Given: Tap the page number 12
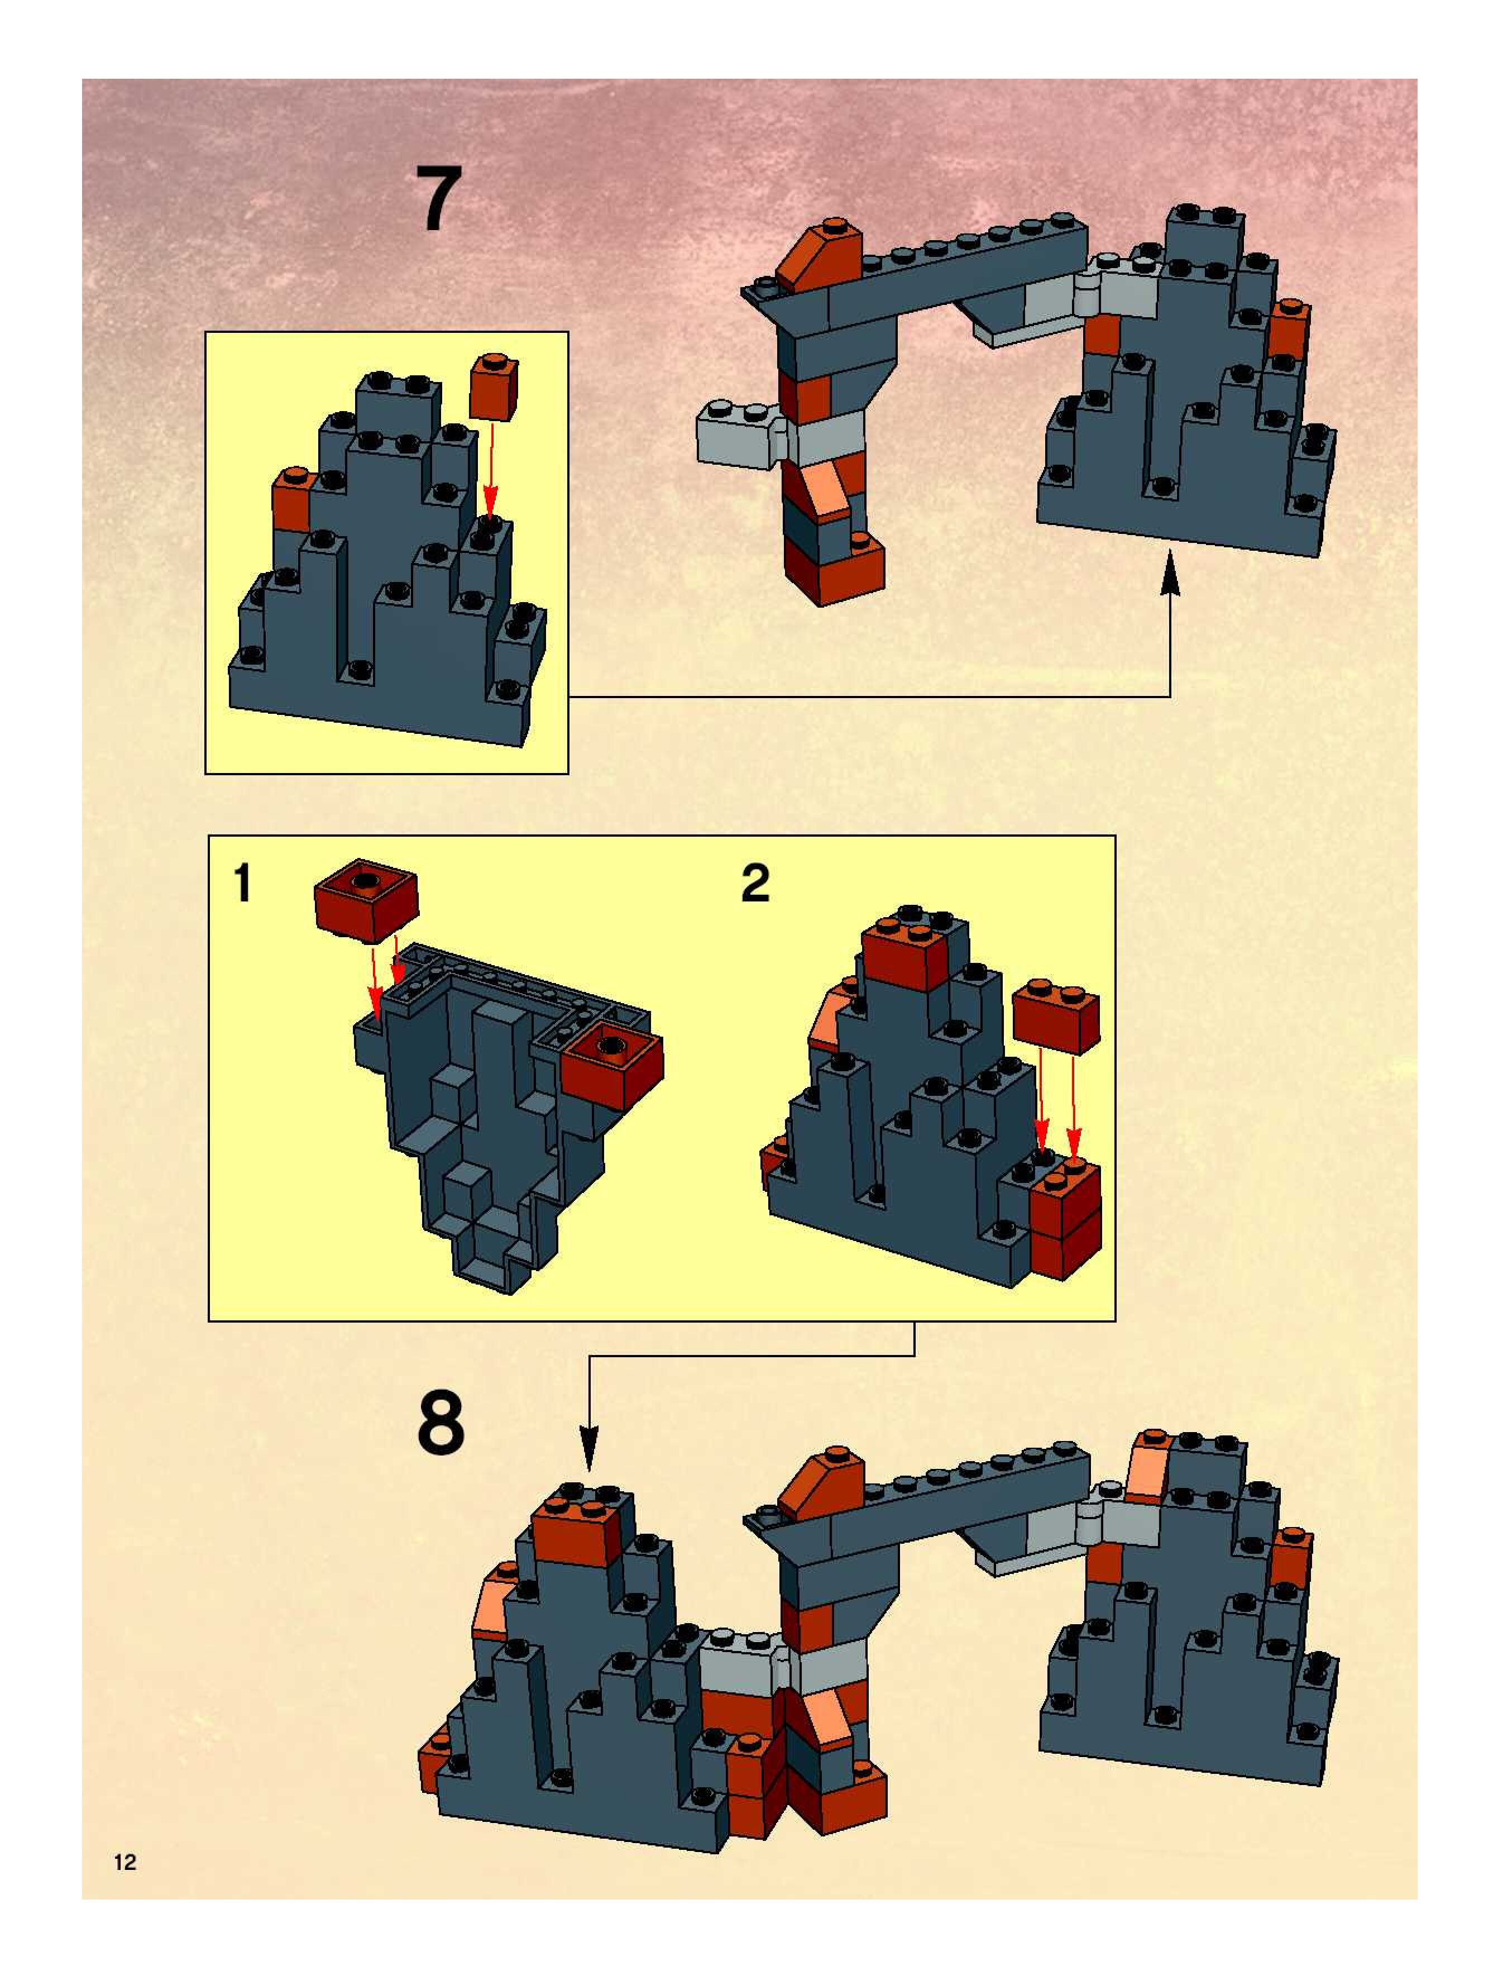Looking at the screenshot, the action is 125,1862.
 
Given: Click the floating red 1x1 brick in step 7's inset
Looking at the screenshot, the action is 494,386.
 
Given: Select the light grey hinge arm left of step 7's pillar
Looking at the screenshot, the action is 740,435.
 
